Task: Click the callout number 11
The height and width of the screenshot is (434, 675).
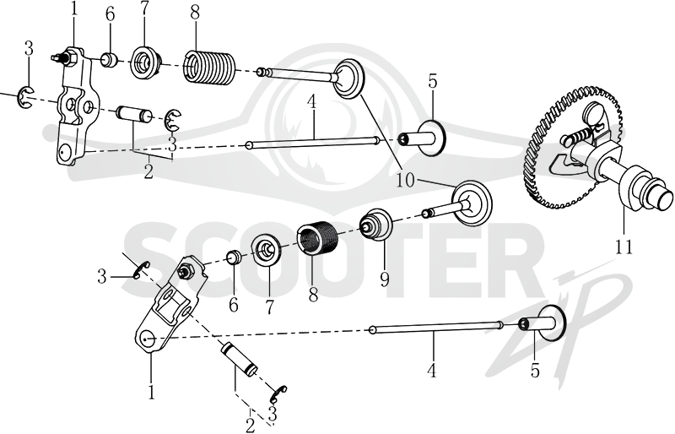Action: [624, 247]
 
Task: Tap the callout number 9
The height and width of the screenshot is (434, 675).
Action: [384, 279]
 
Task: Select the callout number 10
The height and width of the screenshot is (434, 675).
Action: [405, 180]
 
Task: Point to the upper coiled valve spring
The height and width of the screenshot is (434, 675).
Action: [210, 67]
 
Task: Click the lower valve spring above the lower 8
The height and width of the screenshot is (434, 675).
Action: [317, 238]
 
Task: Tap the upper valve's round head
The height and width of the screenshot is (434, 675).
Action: [348, 79]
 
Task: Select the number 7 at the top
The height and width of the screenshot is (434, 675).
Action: [143, 13]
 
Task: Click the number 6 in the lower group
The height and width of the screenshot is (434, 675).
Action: [234, 305]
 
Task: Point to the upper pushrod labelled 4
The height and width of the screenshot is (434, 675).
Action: [312, 143]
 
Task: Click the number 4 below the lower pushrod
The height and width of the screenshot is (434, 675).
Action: [432, 370]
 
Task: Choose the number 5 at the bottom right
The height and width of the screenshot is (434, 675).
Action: [535, 370]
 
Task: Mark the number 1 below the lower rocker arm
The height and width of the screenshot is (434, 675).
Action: [151, 391]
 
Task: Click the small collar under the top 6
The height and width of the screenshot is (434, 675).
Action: [110, 59]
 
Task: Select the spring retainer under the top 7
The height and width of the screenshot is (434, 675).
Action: [145, 63]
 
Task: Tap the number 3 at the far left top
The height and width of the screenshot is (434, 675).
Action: [29, 49]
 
